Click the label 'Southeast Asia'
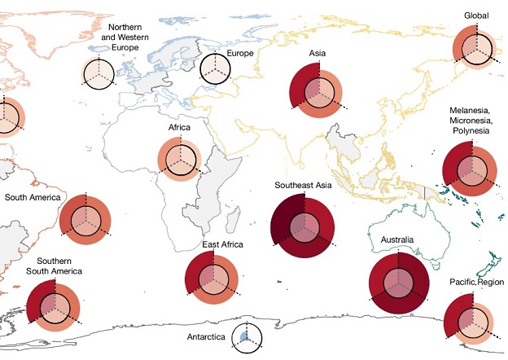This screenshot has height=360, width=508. [x=300, y=186]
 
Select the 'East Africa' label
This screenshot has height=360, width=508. [x=223, y=244]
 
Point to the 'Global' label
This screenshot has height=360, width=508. [x=476, y=15]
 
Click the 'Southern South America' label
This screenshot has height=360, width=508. [x=54, y=266]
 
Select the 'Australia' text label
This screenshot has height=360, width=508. [x=399, y=239]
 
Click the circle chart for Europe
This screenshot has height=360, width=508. [x=216, y=66]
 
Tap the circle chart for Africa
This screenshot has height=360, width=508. [x=177, y=158]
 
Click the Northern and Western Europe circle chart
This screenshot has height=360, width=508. [x=100, y=73]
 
